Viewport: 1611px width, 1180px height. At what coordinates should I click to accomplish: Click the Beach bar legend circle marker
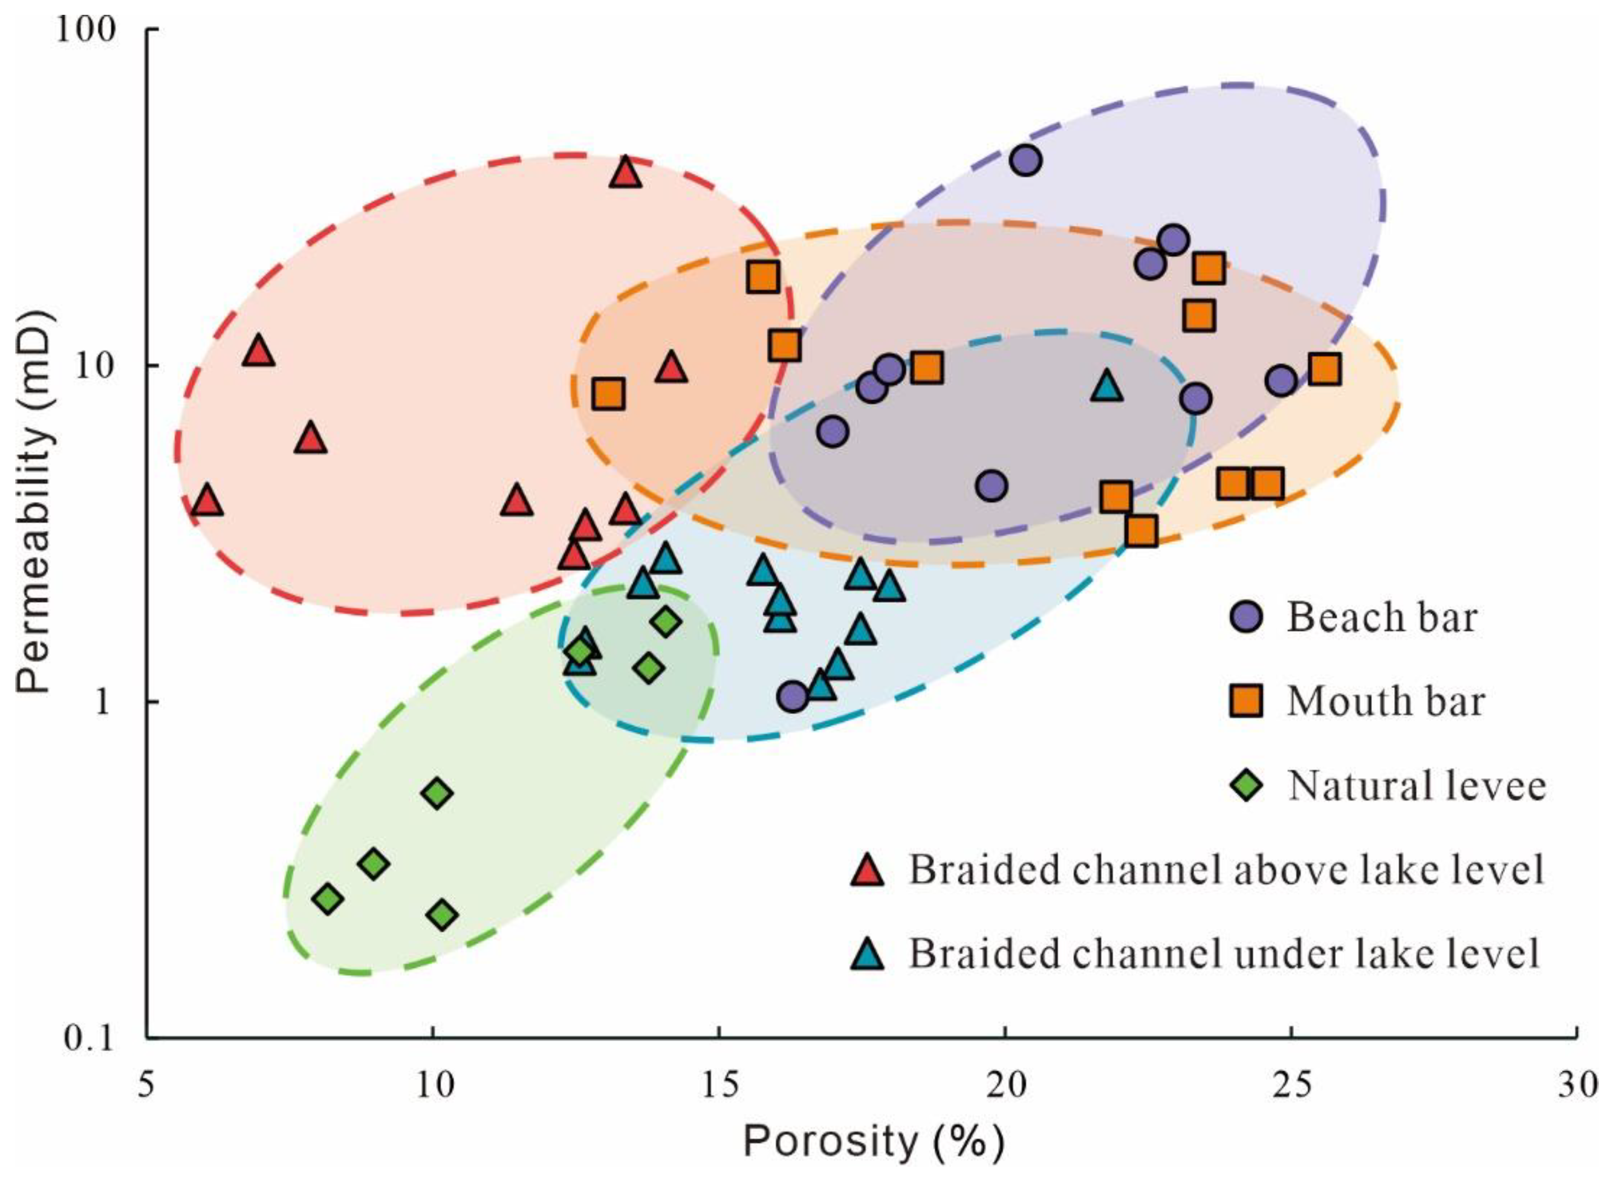1247,617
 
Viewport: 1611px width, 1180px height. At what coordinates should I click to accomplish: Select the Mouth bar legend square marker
1246,701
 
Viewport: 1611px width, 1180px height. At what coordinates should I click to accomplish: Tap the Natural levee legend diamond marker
1247,785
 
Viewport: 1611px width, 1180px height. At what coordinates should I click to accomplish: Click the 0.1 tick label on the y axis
89,1037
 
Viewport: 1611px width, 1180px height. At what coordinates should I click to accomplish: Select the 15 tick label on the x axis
719,1084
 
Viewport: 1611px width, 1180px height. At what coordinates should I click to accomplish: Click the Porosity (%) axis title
873,1141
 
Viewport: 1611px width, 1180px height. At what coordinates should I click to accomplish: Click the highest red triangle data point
626,173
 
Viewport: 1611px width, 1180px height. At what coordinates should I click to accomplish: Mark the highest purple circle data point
1026,161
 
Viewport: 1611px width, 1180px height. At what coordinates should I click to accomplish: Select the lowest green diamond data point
442,914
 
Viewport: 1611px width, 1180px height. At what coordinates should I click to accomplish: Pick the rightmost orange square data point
1325,370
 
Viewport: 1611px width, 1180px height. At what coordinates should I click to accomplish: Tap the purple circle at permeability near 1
793,695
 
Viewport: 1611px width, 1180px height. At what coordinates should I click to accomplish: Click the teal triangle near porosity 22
1107,386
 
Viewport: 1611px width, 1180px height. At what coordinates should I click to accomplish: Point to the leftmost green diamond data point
328,899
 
